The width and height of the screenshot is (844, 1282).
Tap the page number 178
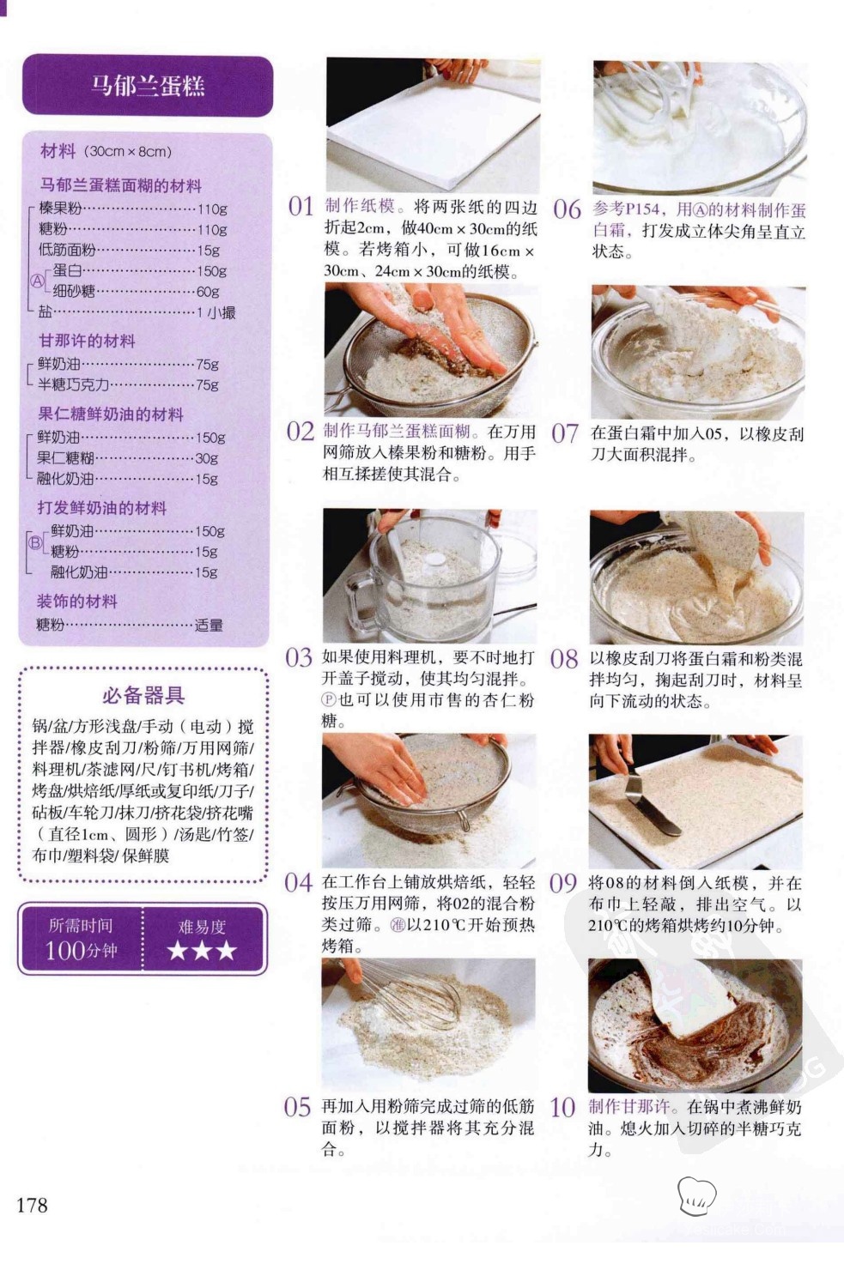32,1205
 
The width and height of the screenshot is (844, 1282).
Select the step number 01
301,207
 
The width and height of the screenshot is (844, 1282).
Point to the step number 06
567,209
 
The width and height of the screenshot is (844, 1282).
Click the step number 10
562,1108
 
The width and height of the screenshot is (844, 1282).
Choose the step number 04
298,883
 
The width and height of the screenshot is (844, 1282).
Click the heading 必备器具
143,695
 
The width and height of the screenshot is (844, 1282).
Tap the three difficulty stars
202,951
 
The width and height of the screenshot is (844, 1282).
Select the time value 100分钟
81,951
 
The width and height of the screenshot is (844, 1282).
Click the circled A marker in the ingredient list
37,281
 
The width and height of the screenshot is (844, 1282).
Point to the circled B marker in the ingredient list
35,542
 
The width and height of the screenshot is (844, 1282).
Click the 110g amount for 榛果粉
212,209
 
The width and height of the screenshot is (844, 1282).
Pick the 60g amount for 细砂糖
208,291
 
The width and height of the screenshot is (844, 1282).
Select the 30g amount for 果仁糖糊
207,458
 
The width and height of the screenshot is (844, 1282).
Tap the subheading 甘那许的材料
87,342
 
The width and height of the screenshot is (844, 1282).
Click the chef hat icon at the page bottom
696,1195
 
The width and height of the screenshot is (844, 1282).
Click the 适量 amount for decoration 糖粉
209,625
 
